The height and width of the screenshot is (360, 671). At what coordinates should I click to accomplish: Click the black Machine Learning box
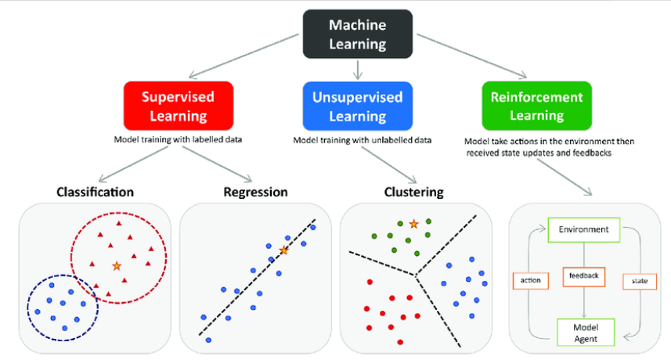coord(358,34)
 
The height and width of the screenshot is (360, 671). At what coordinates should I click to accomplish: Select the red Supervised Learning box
coord(179,106)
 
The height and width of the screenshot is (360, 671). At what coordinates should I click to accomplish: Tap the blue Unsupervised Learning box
coord(358,106)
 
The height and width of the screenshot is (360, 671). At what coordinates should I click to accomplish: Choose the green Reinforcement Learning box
coord(536,106)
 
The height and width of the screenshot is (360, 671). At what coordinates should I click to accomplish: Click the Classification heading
coord(95,192)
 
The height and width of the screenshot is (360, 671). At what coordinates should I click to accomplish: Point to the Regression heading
coord(255,193)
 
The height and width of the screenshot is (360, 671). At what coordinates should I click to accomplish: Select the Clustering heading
coord(414,193)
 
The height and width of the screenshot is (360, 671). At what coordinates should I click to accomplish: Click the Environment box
coord(584,230)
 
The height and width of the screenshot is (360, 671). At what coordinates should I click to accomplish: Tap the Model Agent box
coord(586,333)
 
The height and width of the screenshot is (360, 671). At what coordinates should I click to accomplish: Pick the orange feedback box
coord(584,276)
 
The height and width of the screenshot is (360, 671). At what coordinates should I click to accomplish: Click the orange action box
coord(531,281)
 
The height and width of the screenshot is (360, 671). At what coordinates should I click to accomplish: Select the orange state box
coord(640,281)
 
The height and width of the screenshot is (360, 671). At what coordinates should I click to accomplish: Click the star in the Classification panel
coord(117,266)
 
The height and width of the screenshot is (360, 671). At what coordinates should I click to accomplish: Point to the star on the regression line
coord(283,250)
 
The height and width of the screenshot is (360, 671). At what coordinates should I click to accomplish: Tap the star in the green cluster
coord(413,224)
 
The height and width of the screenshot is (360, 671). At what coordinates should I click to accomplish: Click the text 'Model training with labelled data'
coord(178,139)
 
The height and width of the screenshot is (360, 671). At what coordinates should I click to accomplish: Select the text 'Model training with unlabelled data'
coord(362,140)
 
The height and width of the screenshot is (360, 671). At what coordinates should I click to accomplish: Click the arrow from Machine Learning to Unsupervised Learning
coord(358,70)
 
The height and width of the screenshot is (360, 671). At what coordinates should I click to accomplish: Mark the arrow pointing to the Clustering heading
coord(389,165)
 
